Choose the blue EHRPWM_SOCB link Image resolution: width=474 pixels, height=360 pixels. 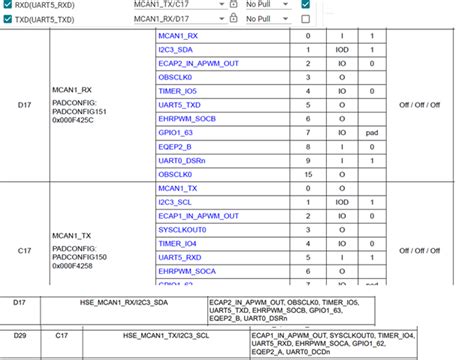coord(187,118)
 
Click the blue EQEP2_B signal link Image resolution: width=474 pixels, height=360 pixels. coord(177,146)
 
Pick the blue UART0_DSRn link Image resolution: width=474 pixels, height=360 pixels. coord(181,160)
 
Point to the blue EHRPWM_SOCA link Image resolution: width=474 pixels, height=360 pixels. coord(187,272)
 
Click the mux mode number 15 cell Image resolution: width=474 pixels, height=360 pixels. coord(308,174)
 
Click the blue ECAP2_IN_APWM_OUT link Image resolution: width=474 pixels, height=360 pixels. coord(198,62)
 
